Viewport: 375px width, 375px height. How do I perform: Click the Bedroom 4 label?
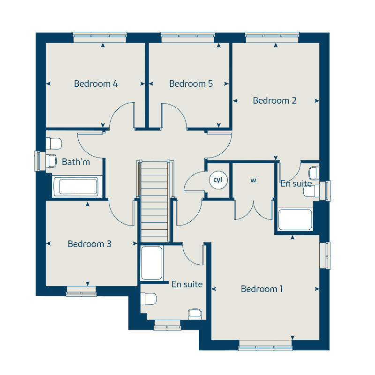tap(96, 84)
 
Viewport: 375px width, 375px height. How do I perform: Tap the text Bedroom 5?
tap(191, 84)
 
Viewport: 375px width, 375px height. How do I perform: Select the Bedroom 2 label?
tap(275, 100)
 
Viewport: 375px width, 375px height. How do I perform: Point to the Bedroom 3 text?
tap(90, 244)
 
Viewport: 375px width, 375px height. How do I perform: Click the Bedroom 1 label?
tap(262, 289)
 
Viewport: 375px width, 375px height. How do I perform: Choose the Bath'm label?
tap(76, 162)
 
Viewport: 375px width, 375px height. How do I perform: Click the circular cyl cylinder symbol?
tap(218, 180)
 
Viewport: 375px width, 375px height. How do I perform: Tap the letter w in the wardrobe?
tap(253, 180)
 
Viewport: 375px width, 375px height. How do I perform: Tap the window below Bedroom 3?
tap(81, 293)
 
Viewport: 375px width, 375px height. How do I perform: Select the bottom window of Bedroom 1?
tap(265, 348)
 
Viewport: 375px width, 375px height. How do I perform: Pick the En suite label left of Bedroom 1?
tap(187, 284)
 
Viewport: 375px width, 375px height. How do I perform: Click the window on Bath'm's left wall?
tap(37, 161)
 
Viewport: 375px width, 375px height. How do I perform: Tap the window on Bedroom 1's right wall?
tap(325, 255)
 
